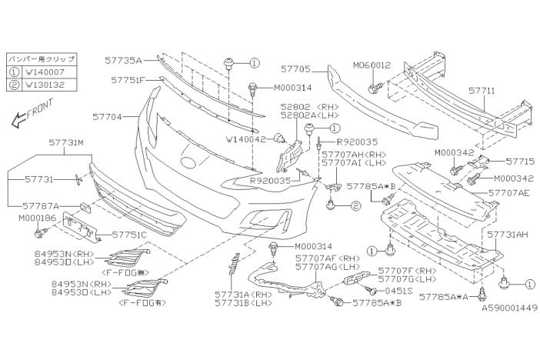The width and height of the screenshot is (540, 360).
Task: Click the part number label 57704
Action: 108,118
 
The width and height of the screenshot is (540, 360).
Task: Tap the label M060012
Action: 372,65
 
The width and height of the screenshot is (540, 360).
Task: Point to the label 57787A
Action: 42,205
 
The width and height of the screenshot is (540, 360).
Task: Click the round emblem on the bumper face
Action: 188,162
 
